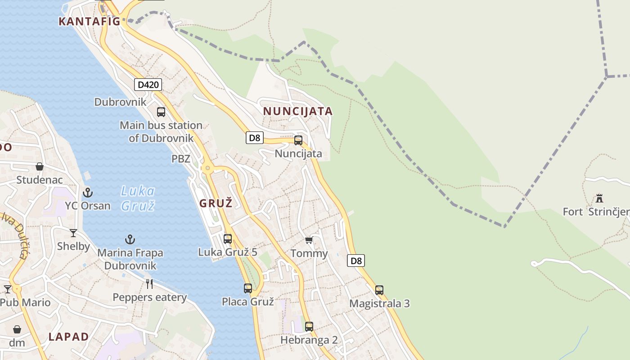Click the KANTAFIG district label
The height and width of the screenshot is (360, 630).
(x=90, y=21)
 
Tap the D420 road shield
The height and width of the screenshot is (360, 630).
(x=148, y=85)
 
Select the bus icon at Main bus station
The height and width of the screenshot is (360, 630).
(x=161, y=112)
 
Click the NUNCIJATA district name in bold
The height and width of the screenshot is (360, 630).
(x=298, y=111)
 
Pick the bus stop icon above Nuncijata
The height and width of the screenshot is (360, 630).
(x=298, y=140)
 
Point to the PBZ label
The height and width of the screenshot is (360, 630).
(x=181, y=159)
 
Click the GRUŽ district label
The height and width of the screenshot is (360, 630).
(x=216, y=203)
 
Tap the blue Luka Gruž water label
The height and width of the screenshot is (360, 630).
(x=138, y=198)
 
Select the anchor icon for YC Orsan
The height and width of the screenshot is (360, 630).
(x=88, y=193)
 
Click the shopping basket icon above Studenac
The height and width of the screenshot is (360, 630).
(x=40, y=166)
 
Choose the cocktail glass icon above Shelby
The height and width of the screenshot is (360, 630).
(x=73, y=233)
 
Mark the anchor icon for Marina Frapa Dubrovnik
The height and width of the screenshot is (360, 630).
(x=130, y=239)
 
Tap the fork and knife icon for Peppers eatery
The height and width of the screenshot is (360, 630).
(x=149, y=284)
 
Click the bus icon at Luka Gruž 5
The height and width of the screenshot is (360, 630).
(x=228, y=239)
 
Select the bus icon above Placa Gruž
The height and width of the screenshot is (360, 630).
(x=248, y=288)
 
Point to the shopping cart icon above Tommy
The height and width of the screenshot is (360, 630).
(x=309, y=240)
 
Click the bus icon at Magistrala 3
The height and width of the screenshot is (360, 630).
(x=379, y=290)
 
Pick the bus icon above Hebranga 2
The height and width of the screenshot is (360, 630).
(x=309, y=327)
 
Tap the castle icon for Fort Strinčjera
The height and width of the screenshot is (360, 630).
(x=599, y=198)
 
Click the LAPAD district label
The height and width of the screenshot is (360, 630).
(x=69, y=337)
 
